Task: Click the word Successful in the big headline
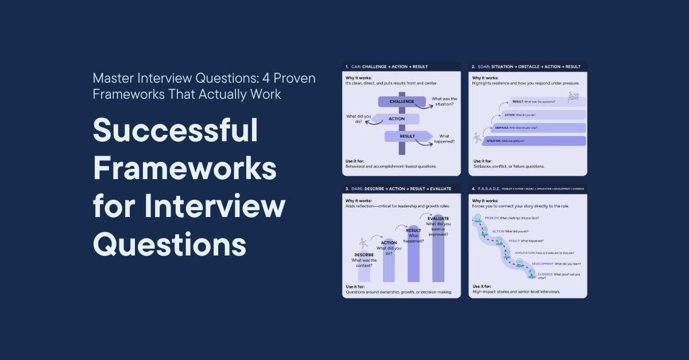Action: (176, 133)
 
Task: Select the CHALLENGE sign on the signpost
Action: (401, 102)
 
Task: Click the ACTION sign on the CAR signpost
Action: (396, 119)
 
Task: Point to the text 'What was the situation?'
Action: (444, 102)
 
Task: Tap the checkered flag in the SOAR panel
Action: (572, 98)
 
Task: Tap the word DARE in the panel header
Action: (359, 188)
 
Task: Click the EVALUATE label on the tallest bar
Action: (438, 219)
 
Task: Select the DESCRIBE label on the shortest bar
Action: (363, 254)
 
